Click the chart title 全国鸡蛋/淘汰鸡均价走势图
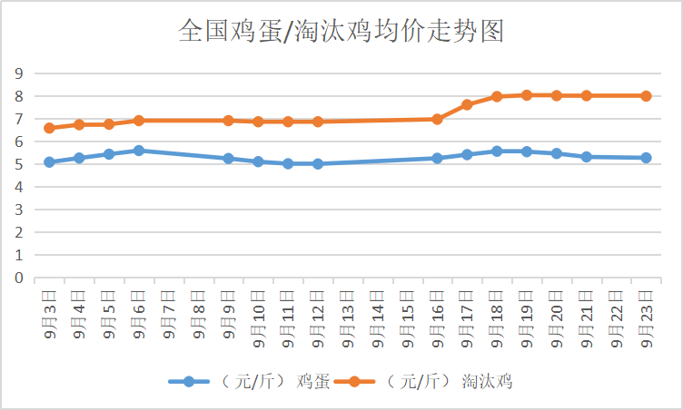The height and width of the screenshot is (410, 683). [x=341, y=32]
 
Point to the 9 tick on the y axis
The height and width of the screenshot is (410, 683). [x=17, y=73]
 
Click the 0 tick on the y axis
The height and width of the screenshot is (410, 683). [x=17, y=278]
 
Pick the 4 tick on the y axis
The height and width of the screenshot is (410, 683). [x=17, y=187]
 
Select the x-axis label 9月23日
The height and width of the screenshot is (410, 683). [x=647, y=318]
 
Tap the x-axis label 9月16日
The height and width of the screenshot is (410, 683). [x=438, y=318]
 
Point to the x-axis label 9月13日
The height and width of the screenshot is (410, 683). [x=348, y=318]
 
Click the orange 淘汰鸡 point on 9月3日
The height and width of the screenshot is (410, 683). [x=49, y=128]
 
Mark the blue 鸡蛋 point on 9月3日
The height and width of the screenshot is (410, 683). [x=49, y=162]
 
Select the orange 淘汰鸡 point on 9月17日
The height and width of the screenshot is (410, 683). [x=467, y=104]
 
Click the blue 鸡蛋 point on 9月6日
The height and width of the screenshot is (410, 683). [x=139, y=151]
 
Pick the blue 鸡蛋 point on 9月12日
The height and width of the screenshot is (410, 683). [x=318, y=164]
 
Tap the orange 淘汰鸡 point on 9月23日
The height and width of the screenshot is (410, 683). [x=646, y=95]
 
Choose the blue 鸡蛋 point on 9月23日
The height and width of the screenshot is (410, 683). [x=646, y=158]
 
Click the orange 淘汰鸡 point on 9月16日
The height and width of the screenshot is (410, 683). [x=437, y=119]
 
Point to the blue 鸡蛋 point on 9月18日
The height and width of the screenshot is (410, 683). [x=497, y=151]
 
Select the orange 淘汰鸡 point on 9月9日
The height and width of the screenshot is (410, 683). [x=228, y=120]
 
